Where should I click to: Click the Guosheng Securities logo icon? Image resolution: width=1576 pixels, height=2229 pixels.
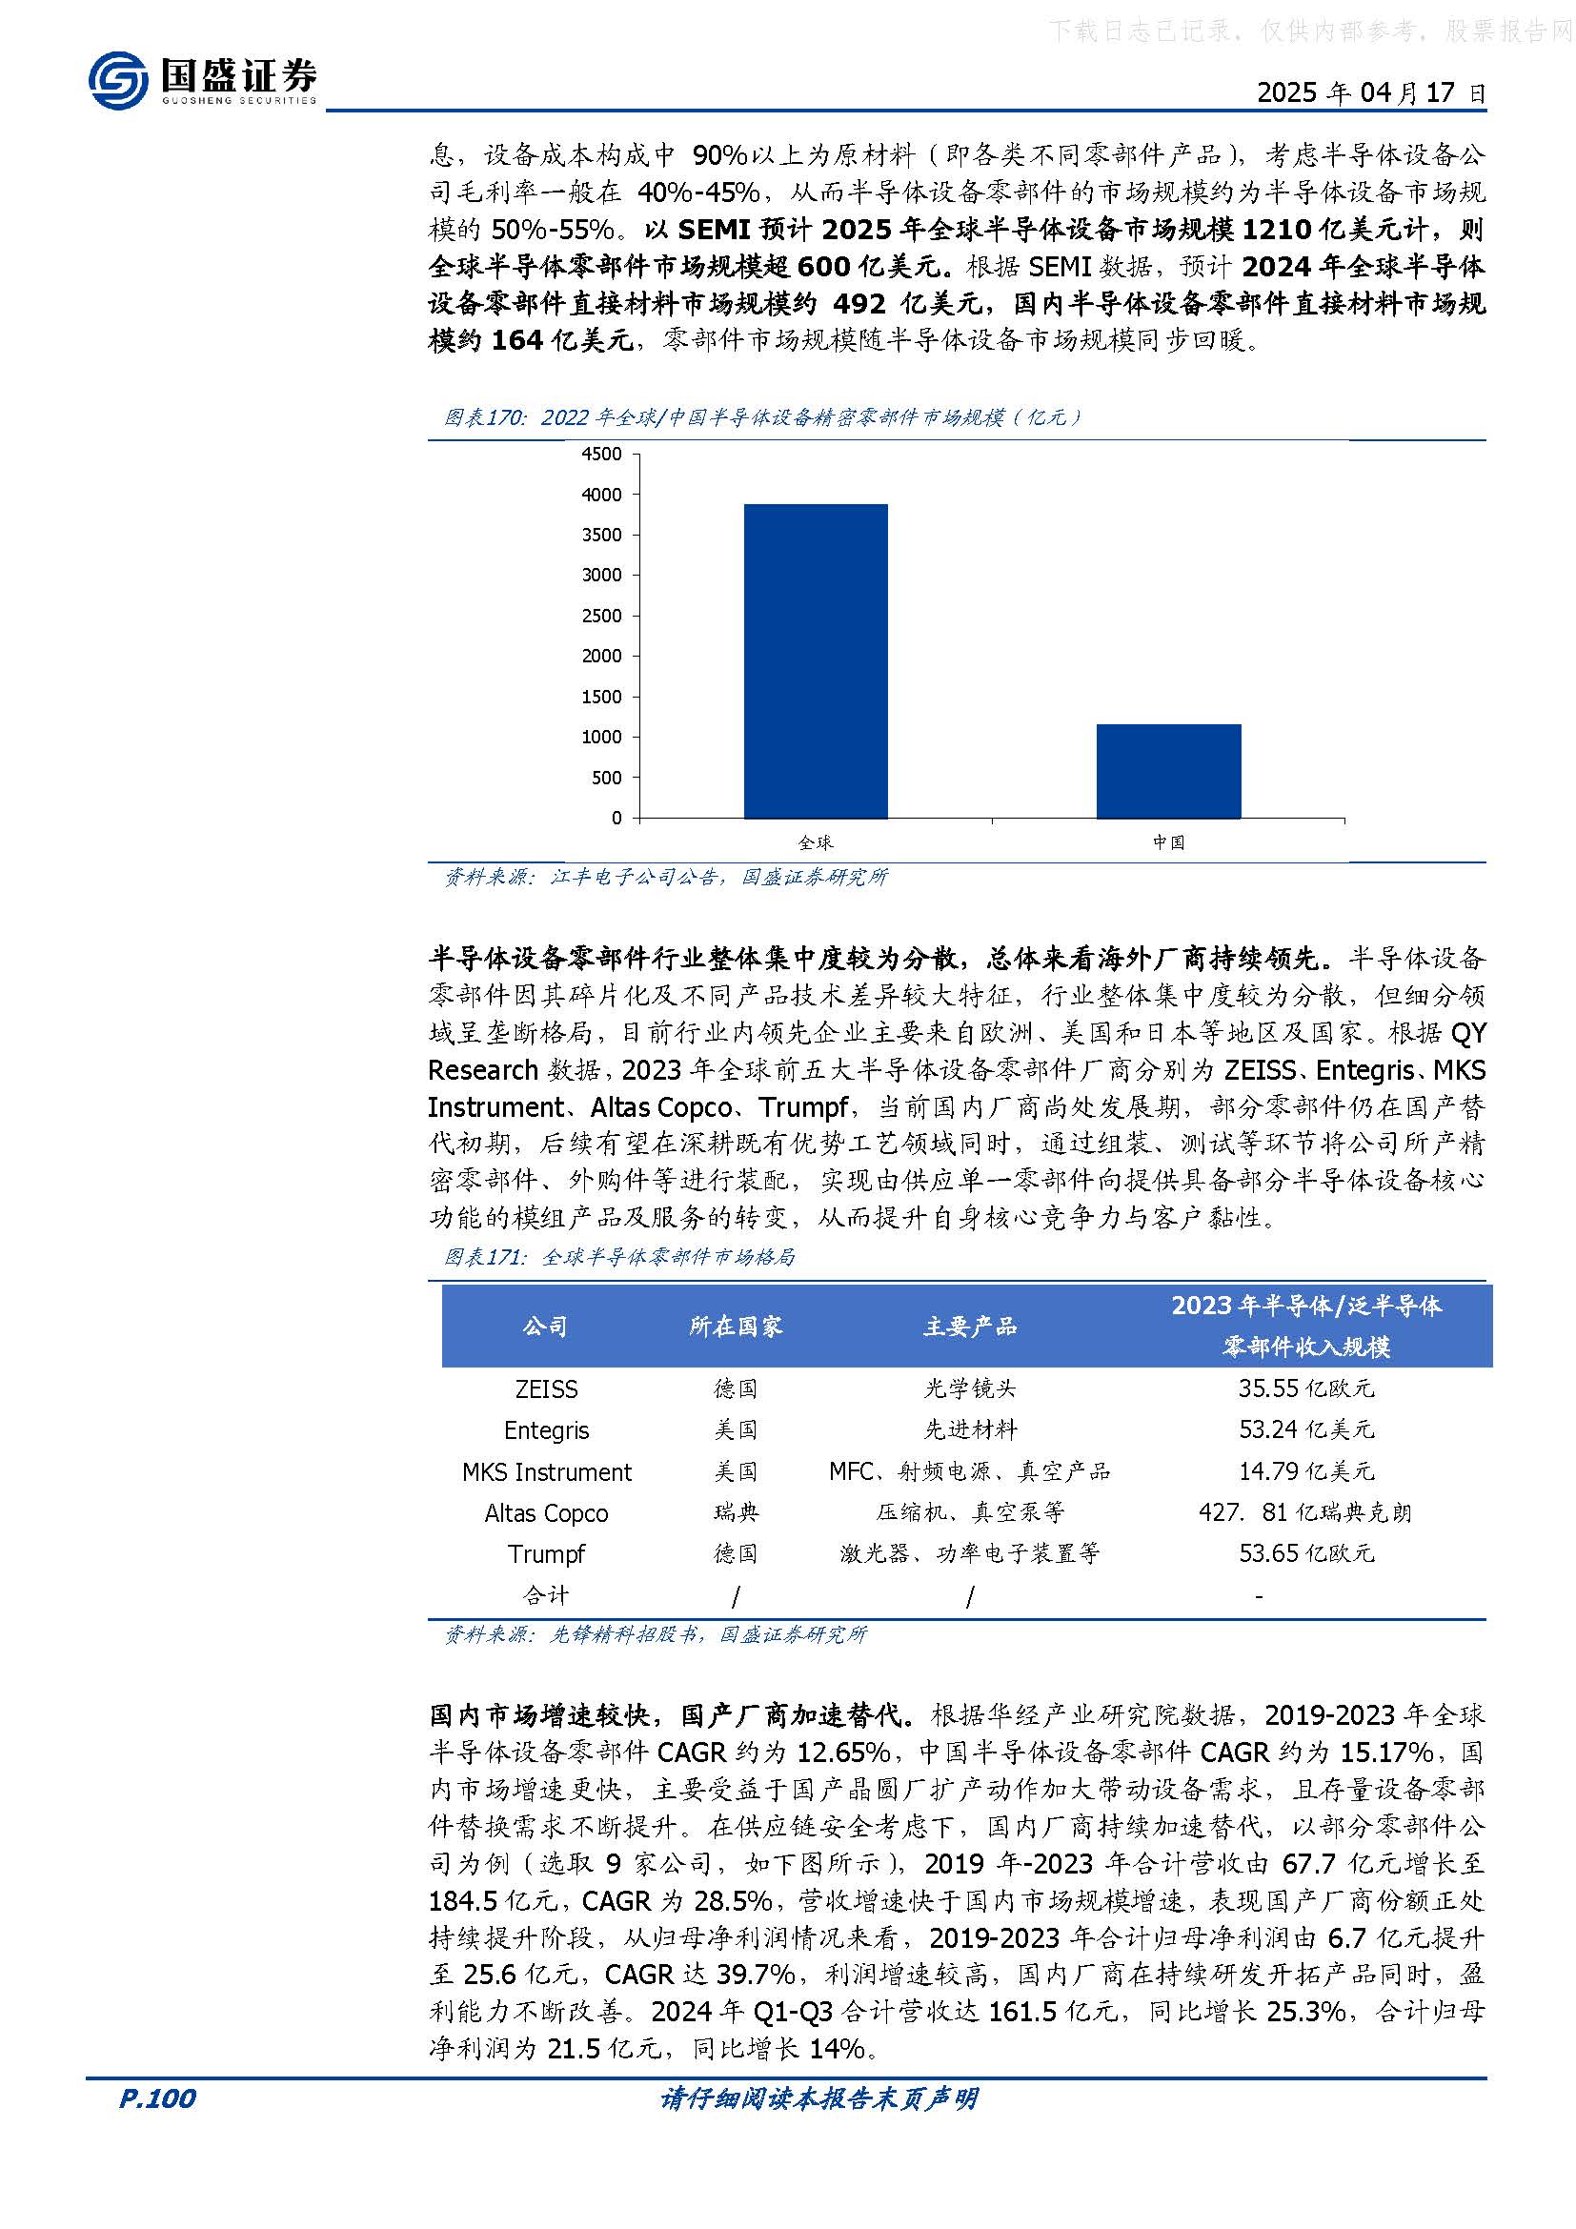(118, 80)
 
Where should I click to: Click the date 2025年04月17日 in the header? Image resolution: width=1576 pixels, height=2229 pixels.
(1370, 93)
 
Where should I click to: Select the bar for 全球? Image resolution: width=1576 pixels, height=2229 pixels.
(816, 660)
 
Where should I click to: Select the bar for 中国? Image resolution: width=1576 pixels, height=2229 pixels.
(1168, 771)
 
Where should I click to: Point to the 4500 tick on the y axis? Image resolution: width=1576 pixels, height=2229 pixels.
(601, 455)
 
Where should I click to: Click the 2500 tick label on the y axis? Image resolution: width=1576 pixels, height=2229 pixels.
(601, 616)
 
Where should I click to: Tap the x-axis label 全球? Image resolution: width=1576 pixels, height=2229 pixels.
(816, 842)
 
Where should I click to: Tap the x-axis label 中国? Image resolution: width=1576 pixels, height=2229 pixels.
(1168, 842)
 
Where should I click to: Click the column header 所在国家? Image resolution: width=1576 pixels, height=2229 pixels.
(736, 1327)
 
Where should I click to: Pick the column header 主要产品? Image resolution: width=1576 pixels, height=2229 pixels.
(969, 1327)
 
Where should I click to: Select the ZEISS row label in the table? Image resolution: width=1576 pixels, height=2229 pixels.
(546, 1389)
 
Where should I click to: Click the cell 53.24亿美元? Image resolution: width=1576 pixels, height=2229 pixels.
(1306, 1430)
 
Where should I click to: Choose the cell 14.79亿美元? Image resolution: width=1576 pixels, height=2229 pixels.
(1306, 1471)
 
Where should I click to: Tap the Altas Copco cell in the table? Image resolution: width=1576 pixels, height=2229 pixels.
(546, 1513)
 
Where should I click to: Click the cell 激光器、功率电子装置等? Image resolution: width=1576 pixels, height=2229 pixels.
(969, 1554)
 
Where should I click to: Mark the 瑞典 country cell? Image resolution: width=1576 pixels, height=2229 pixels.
(736, 1513)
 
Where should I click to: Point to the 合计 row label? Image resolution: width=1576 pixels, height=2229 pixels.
(546, 1595)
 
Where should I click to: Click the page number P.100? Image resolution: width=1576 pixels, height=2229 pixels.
(157, 2098)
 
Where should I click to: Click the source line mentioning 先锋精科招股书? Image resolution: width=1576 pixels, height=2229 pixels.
(655, 1635)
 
